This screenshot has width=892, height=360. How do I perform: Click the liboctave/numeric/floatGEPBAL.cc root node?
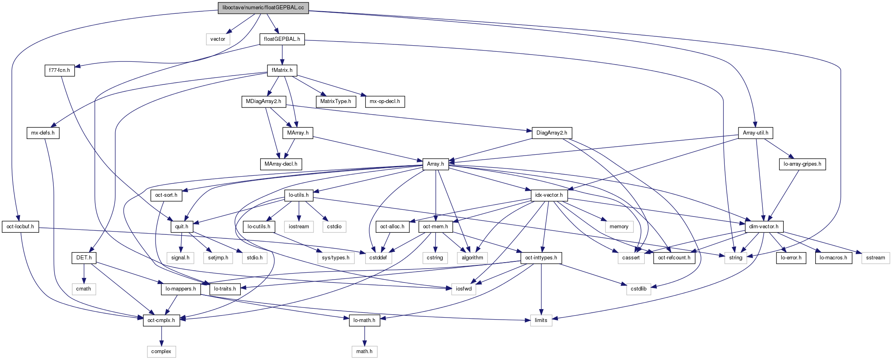tap(263, 8)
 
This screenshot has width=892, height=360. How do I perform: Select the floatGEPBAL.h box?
tap(282, 39)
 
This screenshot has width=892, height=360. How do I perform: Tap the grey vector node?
tap(218, 39)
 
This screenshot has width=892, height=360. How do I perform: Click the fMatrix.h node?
tap(282, 70)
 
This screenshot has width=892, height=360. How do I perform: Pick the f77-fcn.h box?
tap(59, 70)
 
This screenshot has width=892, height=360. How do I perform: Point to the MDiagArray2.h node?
tap(263, 101)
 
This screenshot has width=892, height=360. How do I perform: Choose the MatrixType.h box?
tap(336, 101)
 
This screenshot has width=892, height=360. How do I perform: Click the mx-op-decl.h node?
tap(385, 101)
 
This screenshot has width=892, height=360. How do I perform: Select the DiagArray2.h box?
tap(551, 133)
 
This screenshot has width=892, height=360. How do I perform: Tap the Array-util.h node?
tap(755, 133)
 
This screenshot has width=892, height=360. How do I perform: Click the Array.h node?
tap(435, 164)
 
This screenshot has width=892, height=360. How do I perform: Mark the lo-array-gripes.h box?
tap(802, 164)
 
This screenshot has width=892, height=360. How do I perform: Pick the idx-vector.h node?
tap(549, 195)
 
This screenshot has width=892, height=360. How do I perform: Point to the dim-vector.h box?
tap(764, 227)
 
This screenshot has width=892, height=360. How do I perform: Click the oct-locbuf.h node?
tap(20, 227)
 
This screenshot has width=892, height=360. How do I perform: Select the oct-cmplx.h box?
tap(161, 320)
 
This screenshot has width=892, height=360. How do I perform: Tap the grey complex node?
tap(161, 352)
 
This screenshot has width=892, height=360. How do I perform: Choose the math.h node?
tap(364, 352)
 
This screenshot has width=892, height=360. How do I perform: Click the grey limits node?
tap(541, 320)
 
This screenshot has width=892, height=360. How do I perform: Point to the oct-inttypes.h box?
tap(541, 258)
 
